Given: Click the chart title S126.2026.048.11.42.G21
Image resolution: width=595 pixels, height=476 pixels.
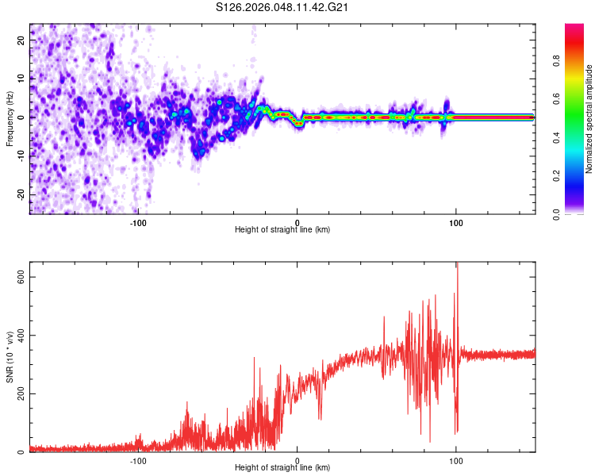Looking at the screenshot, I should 283,7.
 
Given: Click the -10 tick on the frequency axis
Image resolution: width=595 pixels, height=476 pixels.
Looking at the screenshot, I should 21,155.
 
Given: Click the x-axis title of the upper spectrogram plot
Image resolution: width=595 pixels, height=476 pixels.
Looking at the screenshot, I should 282,230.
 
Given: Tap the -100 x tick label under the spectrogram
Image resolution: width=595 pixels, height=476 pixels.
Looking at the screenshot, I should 138,222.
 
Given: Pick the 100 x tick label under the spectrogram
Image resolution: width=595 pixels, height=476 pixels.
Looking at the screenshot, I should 456,222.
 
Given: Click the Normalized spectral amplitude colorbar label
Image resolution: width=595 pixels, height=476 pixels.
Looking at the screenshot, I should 589,119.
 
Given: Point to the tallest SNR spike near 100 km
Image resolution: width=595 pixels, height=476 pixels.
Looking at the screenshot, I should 456,265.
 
